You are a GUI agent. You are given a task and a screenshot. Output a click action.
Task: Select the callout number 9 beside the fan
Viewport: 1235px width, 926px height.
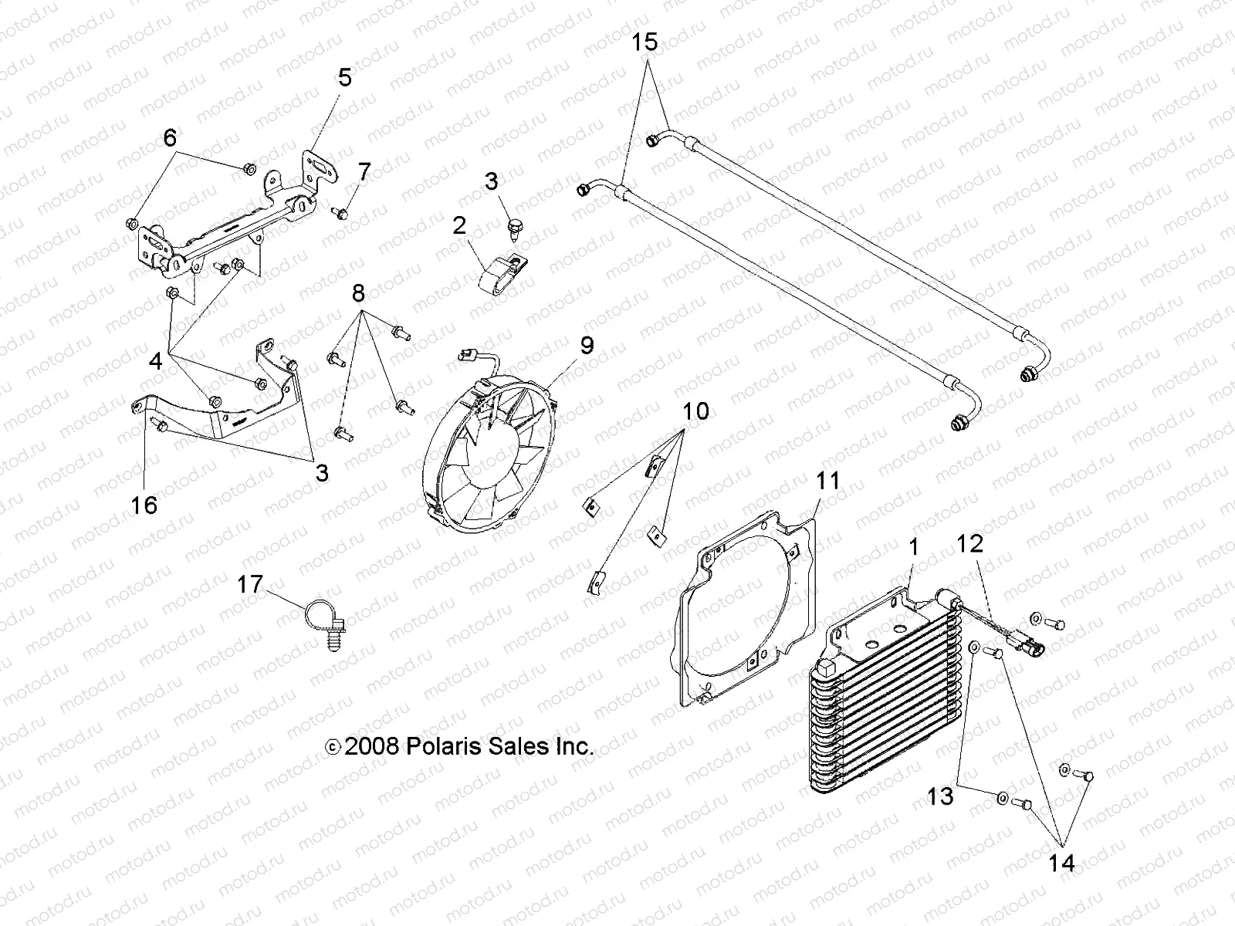(x=587, y=345)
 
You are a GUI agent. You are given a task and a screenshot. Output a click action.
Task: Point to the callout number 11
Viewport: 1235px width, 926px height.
(x=827, y=481)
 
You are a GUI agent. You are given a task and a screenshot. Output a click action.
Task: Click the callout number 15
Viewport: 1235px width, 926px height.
(x=645, y=42)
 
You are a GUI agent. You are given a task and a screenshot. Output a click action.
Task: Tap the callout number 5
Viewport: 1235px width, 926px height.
(x=344, y=77)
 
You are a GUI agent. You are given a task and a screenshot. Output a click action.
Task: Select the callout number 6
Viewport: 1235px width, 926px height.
(x=170, y=138)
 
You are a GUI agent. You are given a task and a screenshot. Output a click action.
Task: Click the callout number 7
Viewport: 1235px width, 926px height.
(x=364, y=172)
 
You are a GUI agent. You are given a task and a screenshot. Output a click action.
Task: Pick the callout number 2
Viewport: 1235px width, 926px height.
(x=459, y=226)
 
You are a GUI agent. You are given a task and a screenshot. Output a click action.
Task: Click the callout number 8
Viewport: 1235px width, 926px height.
(x=358, y=293)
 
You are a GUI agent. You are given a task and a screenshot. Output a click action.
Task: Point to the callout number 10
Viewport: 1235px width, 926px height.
(x=695, y=411)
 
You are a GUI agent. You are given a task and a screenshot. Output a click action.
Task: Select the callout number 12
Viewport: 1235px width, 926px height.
(x=969, y=543)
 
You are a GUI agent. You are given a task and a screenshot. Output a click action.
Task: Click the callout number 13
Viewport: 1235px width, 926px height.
(x=940, y=796)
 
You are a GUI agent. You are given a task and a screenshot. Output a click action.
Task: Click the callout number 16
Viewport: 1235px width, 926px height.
(x=144, y=505)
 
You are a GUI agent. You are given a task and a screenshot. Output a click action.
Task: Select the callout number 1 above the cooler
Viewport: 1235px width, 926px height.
(x=914, y=548)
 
